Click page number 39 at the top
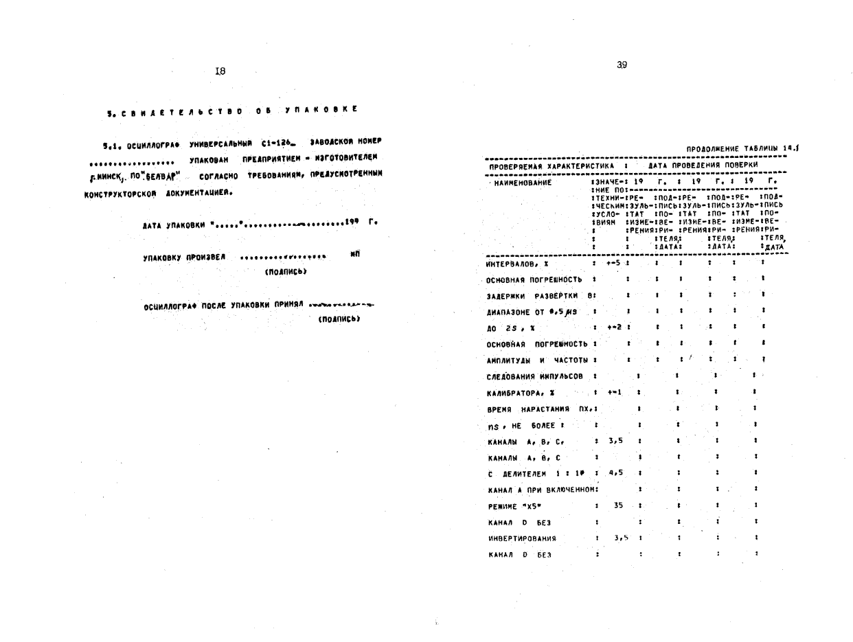click(x=622, y=65)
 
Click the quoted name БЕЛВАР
click(x=161, y=175)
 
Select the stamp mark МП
click(x=354, y=254)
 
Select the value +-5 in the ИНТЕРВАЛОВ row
click(x=613, y=262)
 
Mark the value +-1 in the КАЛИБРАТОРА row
click(x=614, y=392)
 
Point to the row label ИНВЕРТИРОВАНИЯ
click(x=521, y=538)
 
